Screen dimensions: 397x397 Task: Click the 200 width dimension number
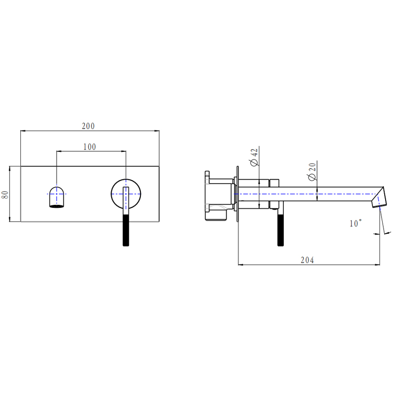pyautogui.click(x=88, y=126)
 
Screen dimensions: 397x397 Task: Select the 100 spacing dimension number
pyautogui.click(x=89, y=146)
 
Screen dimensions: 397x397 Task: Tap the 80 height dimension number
pyautogui.click(x=5, y=194)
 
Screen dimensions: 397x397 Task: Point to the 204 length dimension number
pyautogui.click(x=308, y=260)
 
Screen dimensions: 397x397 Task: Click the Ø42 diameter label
pyautogui.click(x=254, y=157)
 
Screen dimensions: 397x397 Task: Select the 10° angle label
pyautogui.click(x=355, y=224)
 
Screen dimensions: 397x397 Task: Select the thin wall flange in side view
pyautogui.click(x=238, y=194)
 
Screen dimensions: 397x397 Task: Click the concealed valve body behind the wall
pyautogui.click(x=218, y=195)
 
